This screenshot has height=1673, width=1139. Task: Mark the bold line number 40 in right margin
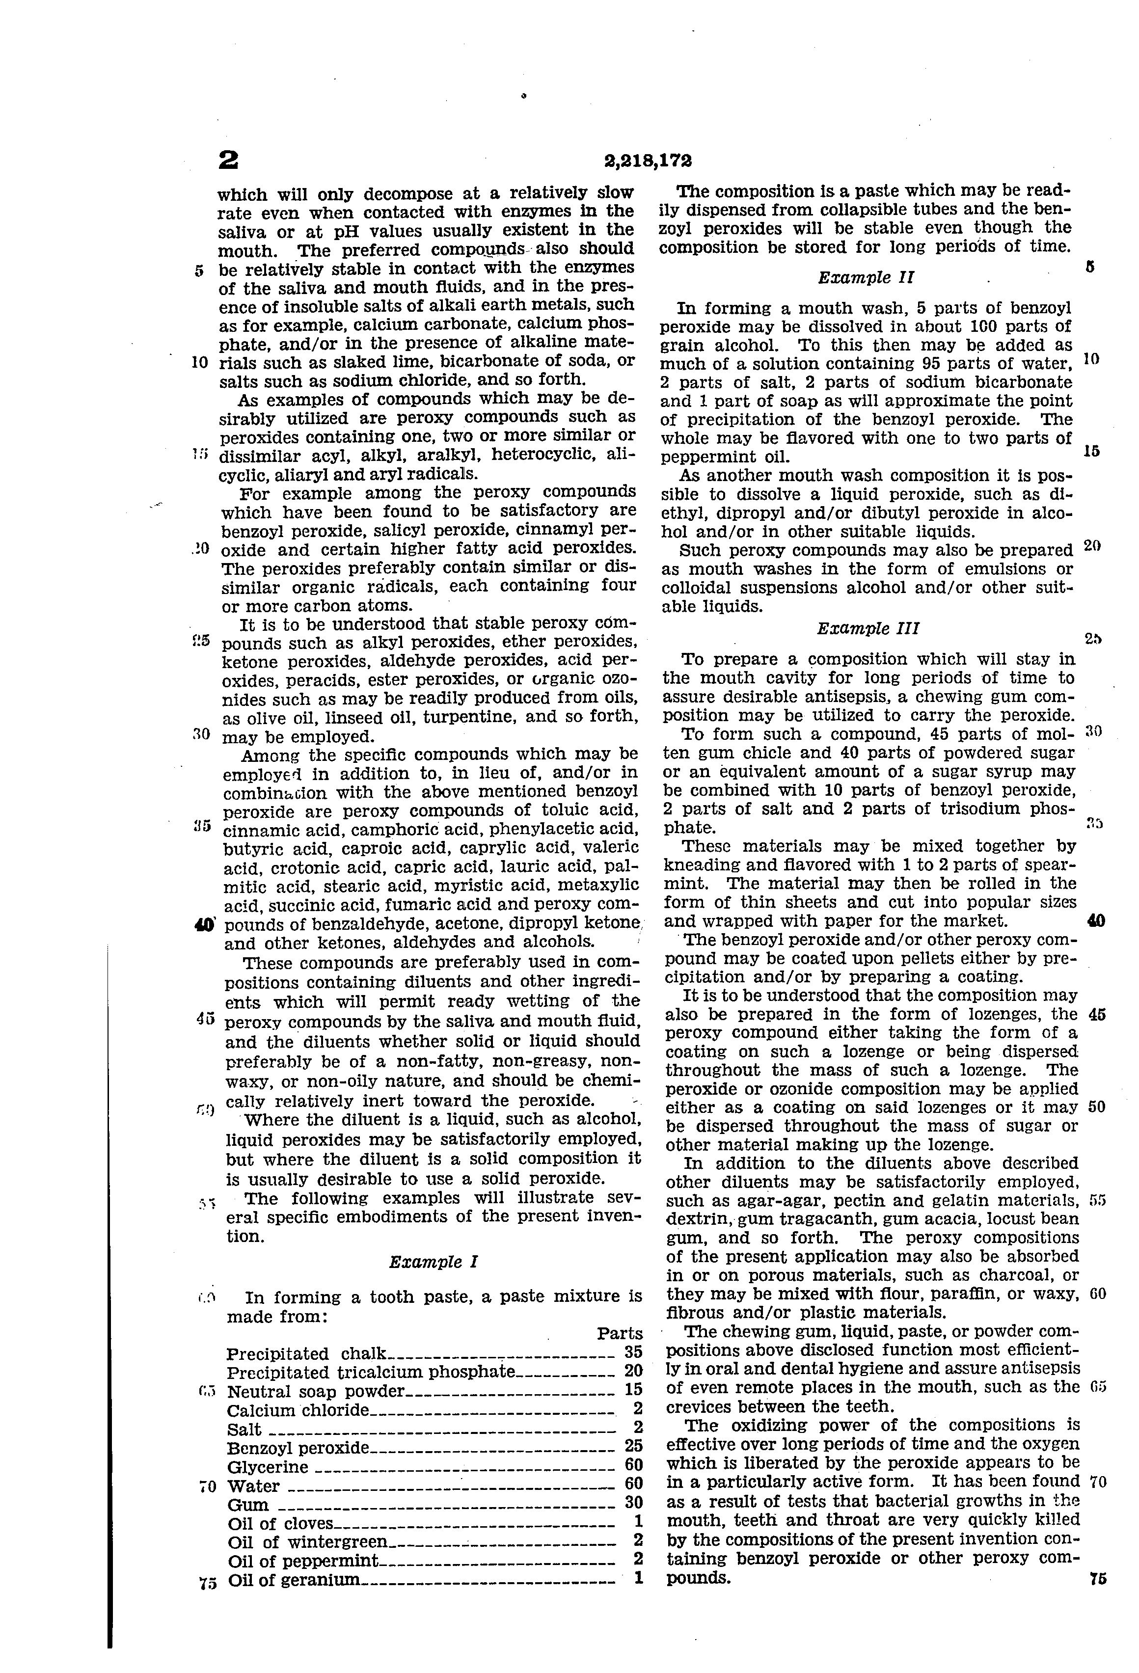click(x=1096, y=921)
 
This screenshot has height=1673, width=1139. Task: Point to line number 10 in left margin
click(x=200, y=362)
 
